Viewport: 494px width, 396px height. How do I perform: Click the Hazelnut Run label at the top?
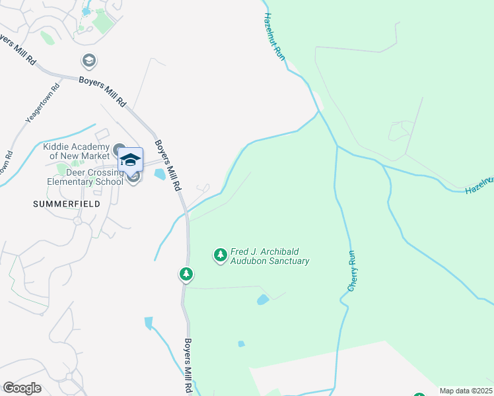275,38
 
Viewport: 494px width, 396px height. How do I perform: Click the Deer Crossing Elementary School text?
85,176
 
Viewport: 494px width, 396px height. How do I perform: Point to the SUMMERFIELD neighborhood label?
67,204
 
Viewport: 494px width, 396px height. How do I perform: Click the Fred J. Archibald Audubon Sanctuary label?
269,256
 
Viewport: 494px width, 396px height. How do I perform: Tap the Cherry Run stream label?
352,271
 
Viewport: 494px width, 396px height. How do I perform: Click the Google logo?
22,388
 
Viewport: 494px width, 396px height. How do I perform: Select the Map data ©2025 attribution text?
466,391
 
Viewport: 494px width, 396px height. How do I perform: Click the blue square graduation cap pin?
130,160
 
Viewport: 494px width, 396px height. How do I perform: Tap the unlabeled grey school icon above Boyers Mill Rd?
88,61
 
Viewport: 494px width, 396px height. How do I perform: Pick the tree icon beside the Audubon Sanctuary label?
220,255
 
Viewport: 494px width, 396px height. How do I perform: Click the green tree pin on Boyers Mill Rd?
186,274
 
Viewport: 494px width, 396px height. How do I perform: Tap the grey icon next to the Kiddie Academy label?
119,148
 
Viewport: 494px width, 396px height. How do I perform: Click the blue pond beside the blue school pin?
159,174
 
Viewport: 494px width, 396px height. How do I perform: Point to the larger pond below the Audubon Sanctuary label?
263,299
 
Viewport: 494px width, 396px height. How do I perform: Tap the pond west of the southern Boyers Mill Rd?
148,323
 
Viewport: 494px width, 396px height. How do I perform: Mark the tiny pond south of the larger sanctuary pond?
241,344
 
